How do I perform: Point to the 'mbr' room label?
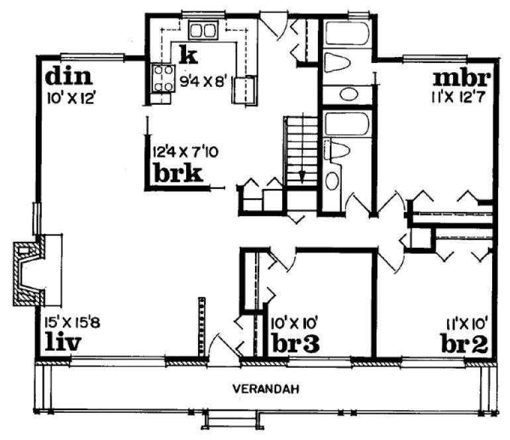[x=462, y=78]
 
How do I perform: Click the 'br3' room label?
[x=296, y=343]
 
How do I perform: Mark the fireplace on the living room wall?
[x=28, y=272]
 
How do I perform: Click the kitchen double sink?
[x=203, y=30]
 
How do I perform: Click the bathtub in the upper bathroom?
[x=346, y=32]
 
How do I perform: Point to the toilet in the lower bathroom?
[x=338, y=150]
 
